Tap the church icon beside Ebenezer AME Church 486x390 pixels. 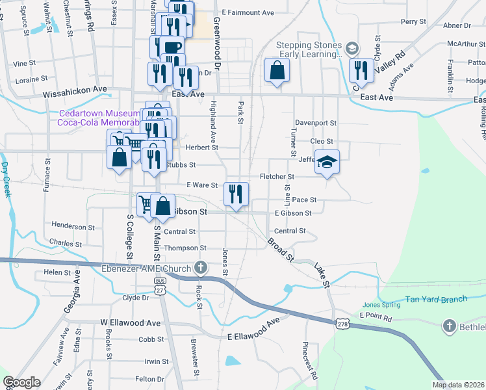coord(201,268)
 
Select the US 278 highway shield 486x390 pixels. coord(342,323)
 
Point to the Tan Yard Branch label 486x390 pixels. coord(436,299)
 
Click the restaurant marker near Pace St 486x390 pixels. coord(236,194)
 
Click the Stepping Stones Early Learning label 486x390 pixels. coord(308,50)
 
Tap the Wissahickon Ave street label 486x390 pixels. coord(74,94)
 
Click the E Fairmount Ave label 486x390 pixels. coord(248,12)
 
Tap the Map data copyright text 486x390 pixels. coord(458,385)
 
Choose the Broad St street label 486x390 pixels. coord(280,250)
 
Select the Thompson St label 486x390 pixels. coord(185,248)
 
